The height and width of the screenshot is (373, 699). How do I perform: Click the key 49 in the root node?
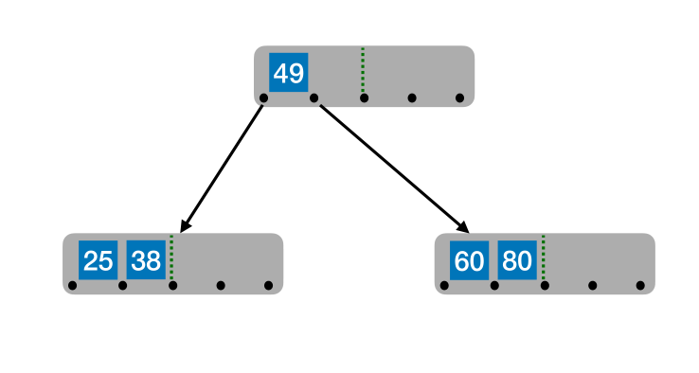click(x=288, y=73)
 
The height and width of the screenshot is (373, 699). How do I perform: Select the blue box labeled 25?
click(x=98, y=260)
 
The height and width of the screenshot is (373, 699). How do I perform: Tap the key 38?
click(x=146, y=260)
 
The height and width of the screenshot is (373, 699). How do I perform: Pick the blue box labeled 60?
click(x=469, y=260)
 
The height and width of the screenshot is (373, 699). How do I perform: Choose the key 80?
click(x=517, y=260)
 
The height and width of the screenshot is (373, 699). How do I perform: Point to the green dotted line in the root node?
click(x=362, y=71)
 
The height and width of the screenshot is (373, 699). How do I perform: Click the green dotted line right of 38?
click(x=170, y=258)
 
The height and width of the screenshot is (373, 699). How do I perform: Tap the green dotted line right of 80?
click(x=543, y=258)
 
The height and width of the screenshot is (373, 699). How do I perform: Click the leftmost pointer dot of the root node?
click(x=263, y=98)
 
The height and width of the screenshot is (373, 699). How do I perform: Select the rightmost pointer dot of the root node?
click(x=459, y=98)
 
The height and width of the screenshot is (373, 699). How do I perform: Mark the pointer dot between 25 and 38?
click(x=122, y=285)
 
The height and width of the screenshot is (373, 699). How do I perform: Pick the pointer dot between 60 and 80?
click(x=494, y=285)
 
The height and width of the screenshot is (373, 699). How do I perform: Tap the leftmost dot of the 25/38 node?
click(x=73, y=285)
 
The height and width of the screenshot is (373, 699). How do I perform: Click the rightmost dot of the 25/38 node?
click(x=268, y=285)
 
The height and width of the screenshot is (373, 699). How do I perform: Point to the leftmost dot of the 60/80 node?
click(x=444, y=285)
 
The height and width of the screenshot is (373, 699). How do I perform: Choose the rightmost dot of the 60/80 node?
click(x=640, y=285)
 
